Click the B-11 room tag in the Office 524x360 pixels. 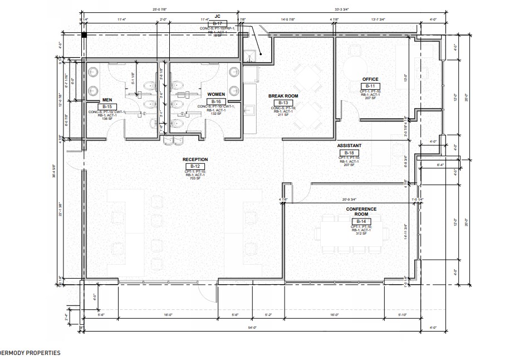tap(370, 86)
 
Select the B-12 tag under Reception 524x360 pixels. tap(195, 166)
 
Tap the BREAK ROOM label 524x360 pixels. tap(283, 96)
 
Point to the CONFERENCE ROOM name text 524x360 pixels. tap(361, 212)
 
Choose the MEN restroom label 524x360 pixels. tap(107, 100)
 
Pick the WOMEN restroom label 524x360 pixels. tap(216, 95)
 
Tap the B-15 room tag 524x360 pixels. tap(107, 106)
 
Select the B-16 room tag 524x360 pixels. tap(216, 101)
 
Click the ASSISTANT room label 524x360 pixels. tap(349, 146)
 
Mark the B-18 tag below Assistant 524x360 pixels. tap(349, 152)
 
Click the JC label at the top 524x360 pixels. tap(218, 17)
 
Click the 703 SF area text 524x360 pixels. tap(195, 179)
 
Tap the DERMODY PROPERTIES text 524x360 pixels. tap(30, 353)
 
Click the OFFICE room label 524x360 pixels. tap(370, 79)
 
